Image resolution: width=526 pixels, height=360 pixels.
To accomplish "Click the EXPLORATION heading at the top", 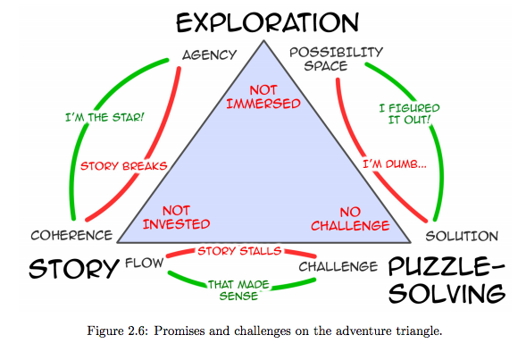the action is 267,22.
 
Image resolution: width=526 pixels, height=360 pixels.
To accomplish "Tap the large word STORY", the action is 74,268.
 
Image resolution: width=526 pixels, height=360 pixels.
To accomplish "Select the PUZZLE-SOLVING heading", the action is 447,280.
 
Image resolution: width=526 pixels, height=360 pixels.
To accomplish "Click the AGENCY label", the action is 209,54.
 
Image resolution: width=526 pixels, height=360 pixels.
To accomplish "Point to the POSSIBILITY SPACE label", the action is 336,59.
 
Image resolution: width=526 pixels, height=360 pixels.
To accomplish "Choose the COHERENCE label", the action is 71,235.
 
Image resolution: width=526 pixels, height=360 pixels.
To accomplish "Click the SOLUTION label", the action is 462,236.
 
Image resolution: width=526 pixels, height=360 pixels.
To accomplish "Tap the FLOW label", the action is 145,263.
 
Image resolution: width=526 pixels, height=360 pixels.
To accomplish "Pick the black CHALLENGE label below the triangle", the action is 338,267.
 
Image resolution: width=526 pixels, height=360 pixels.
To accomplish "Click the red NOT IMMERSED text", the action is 263,96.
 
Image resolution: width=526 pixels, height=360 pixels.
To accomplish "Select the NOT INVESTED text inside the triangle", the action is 177,217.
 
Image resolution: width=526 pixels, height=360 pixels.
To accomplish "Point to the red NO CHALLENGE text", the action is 350,219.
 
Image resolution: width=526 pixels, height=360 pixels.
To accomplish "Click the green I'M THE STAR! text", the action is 104,117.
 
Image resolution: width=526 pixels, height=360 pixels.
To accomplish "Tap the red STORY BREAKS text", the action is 124,166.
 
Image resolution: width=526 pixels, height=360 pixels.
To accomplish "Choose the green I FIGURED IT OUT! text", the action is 409,113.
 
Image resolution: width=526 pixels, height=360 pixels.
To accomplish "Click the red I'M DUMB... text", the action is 395,164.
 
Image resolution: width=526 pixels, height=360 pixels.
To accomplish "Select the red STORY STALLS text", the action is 239,251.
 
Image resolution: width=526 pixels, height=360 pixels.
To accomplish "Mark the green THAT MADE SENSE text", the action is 238,290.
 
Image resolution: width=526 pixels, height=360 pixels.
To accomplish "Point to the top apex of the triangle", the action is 263,41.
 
